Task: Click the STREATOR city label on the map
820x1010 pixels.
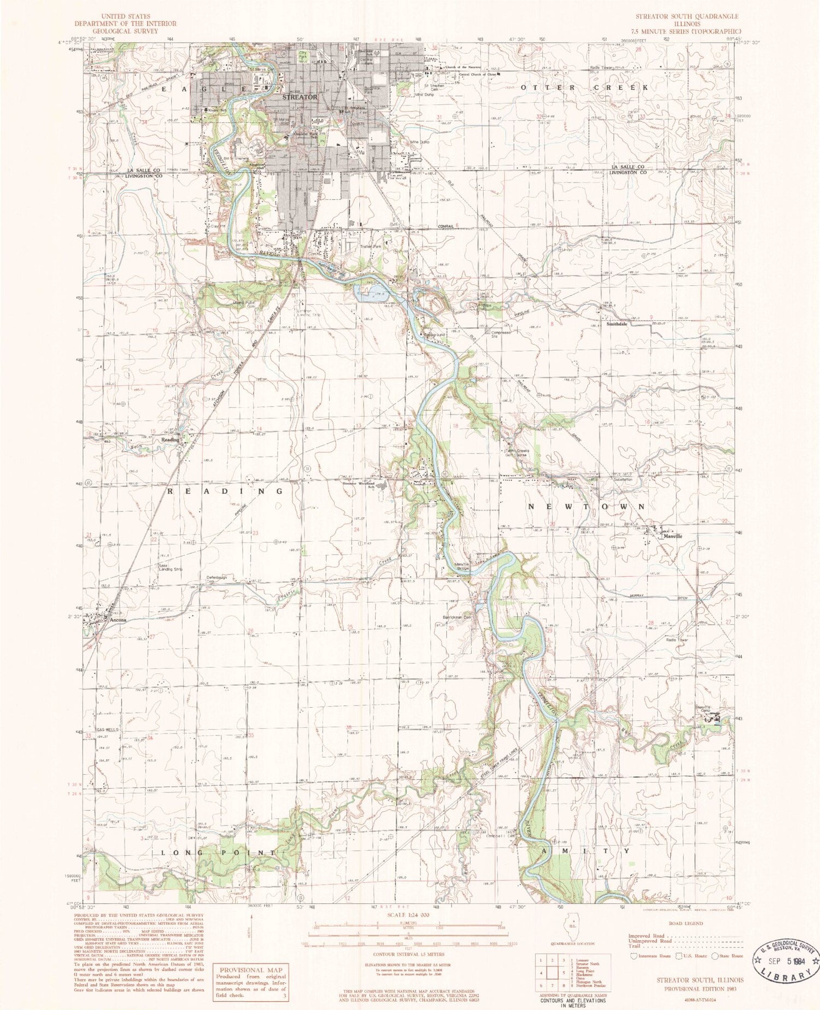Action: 300,97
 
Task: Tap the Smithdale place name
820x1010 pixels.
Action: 617,324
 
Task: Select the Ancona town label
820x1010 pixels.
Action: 118,620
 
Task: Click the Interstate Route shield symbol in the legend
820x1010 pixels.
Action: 634,955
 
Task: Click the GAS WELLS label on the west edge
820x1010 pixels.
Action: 107,729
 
